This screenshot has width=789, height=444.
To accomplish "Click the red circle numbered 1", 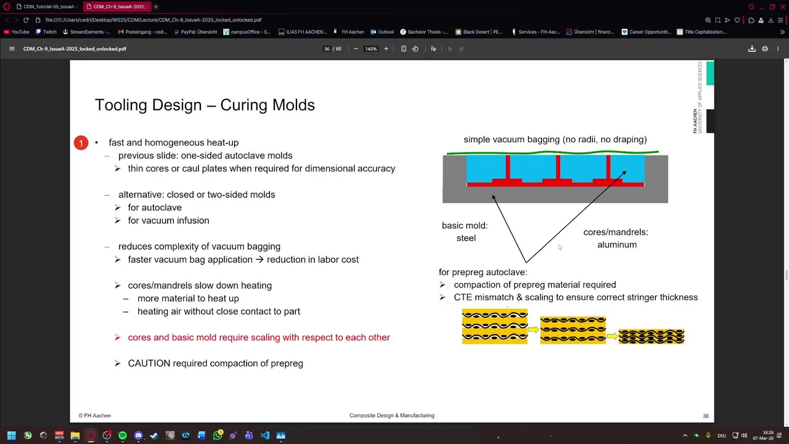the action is point(81,142).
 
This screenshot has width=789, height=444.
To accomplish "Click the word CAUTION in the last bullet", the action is point(149,363).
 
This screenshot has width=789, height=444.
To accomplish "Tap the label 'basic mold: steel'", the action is point(465,231).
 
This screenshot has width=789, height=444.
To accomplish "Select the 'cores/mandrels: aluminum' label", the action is point(616,238).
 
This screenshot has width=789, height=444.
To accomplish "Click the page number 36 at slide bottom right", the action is point(706,416).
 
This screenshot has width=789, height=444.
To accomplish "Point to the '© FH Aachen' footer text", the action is point(95,416).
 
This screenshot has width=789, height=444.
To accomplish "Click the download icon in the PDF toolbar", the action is point(751,49).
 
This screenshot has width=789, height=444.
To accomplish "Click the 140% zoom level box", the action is point(370,49).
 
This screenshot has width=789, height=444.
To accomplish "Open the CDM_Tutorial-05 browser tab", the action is point(47,7).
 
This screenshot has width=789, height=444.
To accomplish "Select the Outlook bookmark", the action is point(382,31).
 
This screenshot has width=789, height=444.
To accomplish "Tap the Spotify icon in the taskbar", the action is point(123,435).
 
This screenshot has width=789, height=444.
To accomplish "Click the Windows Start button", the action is point(12,435).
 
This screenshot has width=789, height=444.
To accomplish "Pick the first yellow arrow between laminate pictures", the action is point(533,330).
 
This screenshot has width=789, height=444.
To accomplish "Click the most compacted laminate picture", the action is point(652,337).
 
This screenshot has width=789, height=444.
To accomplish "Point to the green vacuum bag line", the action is point(553,152).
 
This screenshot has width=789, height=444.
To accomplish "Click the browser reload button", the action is point(26,20).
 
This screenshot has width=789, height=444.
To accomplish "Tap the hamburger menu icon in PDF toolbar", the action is point(12,49).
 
